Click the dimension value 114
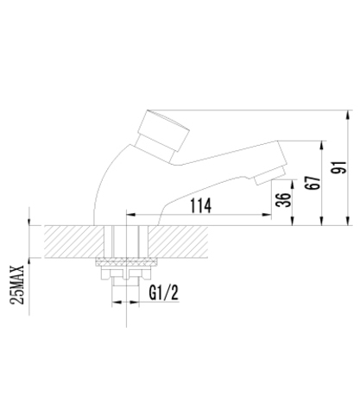pos(200,205)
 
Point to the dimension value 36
pos(283,199)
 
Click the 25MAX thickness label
pos(17,285)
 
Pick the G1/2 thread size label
pos(164,293)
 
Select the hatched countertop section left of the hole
pos(74,241)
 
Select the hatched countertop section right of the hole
pos(178,241)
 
